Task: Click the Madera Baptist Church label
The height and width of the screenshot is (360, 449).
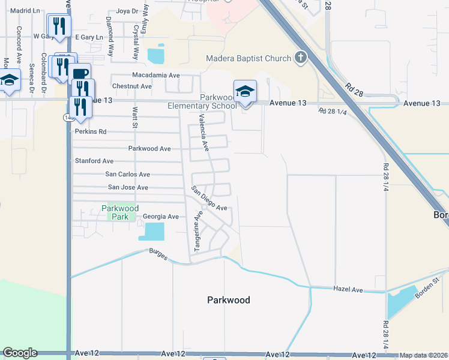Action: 249,59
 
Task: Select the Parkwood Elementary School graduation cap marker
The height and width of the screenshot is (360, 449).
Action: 245,91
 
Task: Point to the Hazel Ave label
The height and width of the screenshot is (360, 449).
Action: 349,290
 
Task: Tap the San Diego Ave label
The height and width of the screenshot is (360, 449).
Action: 209,199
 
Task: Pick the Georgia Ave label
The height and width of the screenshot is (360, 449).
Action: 160,217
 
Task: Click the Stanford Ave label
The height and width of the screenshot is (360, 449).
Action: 94,161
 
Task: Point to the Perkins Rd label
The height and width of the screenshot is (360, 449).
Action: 91,131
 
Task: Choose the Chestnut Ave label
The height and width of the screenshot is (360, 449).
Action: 132,86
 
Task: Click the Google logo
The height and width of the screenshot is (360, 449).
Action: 19,353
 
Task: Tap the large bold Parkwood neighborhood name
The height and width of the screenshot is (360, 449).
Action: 228,300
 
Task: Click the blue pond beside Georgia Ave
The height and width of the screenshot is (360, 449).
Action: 153,231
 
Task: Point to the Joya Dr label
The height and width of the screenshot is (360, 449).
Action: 127,11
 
